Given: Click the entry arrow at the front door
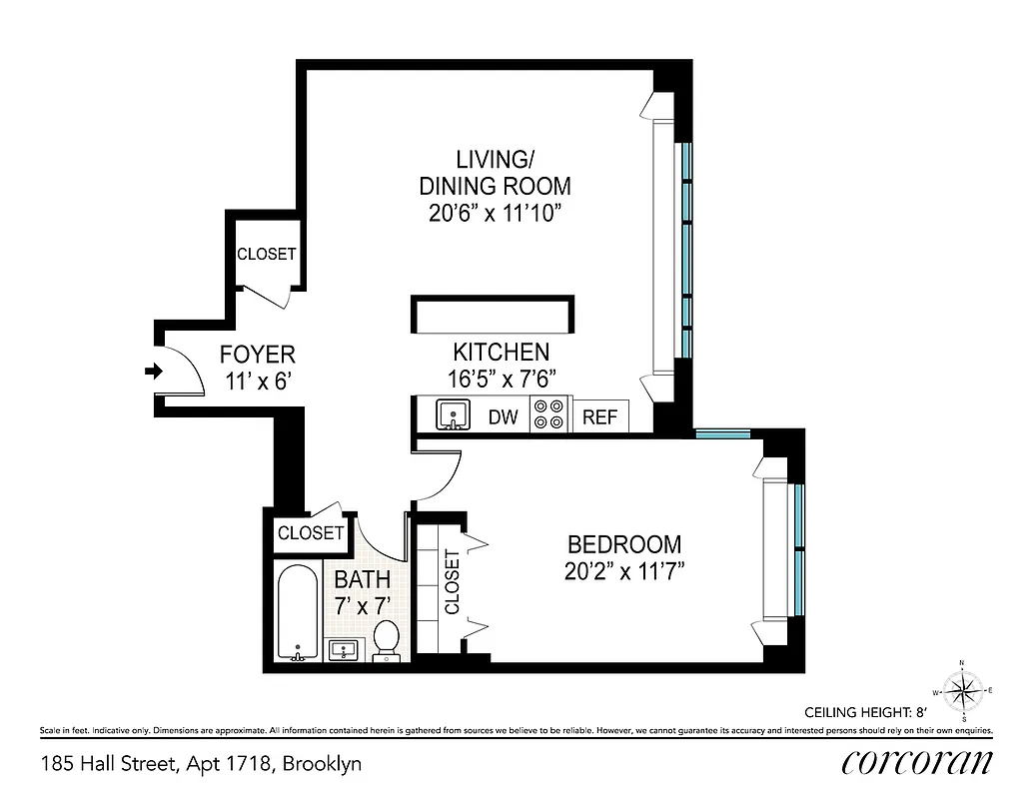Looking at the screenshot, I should [x=153, y=372].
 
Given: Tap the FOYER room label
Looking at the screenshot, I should [x=258, y=355].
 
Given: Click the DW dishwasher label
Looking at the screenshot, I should [x=503, y=417].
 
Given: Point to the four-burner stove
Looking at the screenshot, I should [x=548, y=414].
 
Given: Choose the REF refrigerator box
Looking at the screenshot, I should [x=599, y=417].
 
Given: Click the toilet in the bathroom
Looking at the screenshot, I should [x=386, y=639].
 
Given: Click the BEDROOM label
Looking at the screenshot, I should [x=624, y=545].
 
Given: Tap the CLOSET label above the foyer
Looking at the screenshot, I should [x=266, y=254].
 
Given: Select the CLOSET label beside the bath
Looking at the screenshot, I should [x=311, y=533].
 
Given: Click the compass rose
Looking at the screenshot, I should [x=961, y=689].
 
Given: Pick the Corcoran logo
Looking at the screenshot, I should [x=916, y=763].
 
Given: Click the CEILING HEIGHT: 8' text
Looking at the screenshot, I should [x=867, y=713].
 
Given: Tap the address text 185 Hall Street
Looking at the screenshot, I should [x=201, y=764].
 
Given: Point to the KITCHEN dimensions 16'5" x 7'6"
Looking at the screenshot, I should [x=501, y=379].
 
